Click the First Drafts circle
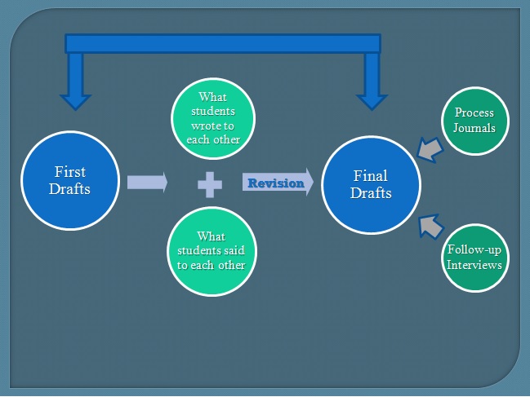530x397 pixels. tap(71, 181)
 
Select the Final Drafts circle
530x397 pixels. tap(372, 185)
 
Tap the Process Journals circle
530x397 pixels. tap(474, 120)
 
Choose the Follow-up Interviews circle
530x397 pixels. tap(474, 258)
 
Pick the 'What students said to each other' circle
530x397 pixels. tap(212, 250)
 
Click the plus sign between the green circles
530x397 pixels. tap(210, 183)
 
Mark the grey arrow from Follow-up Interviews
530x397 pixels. tap(429, 224)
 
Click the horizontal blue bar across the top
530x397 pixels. tap(222, 43)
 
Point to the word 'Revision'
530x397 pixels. tap(275, 183)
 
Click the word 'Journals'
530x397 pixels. tap(474, 127)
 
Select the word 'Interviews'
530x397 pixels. tap(474, 265)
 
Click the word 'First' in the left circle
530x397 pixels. tap(70, 173)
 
